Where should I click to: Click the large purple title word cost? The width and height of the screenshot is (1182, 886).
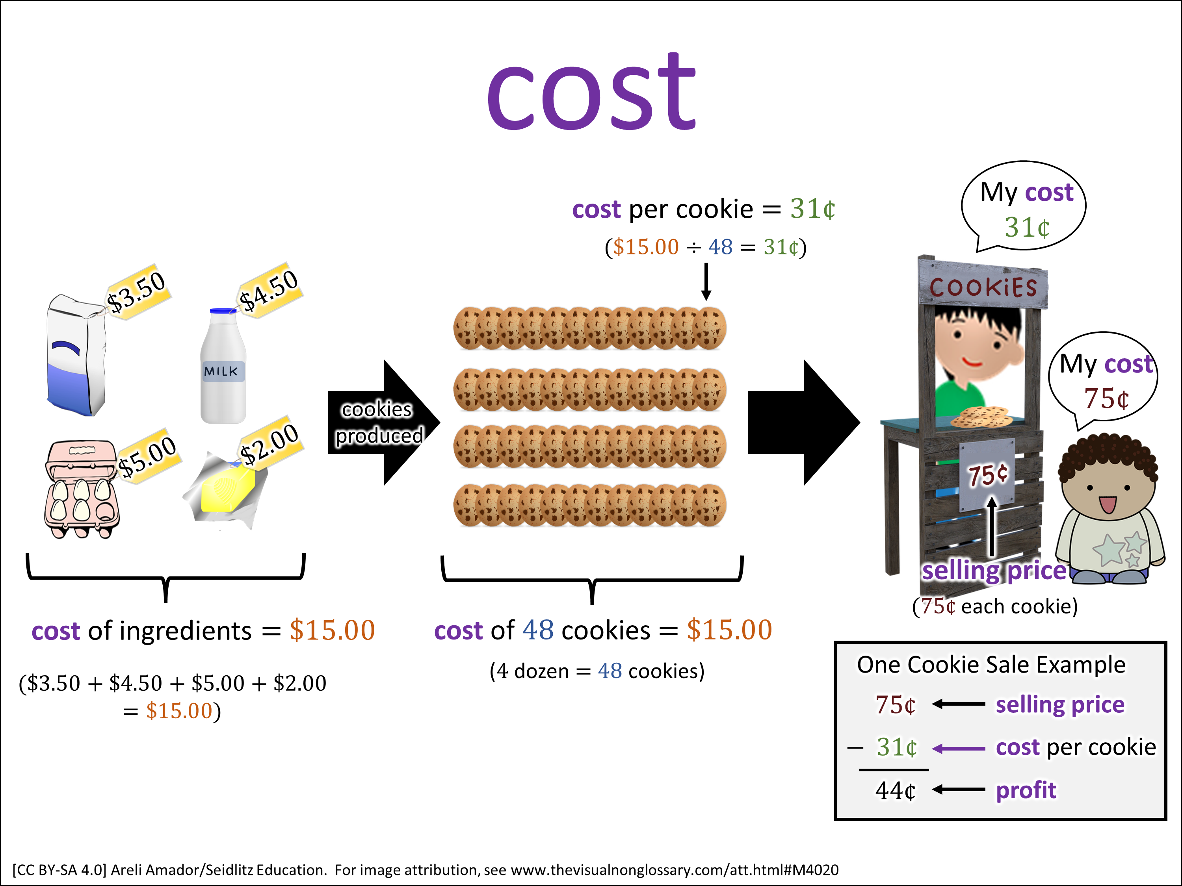591,93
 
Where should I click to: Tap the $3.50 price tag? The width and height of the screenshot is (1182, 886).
138,292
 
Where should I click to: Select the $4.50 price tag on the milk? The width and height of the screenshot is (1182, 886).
269,290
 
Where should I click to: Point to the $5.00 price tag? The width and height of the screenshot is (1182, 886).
147,456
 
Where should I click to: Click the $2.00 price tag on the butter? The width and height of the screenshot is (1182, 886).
270,443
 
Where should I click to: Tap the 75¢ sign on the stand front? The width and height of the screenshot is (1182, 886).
987,474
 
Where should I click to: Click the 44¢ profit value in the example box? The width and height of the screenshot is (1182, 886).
895,790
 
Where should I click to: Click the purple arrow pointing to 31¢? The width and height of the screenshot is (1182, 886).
959,749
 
